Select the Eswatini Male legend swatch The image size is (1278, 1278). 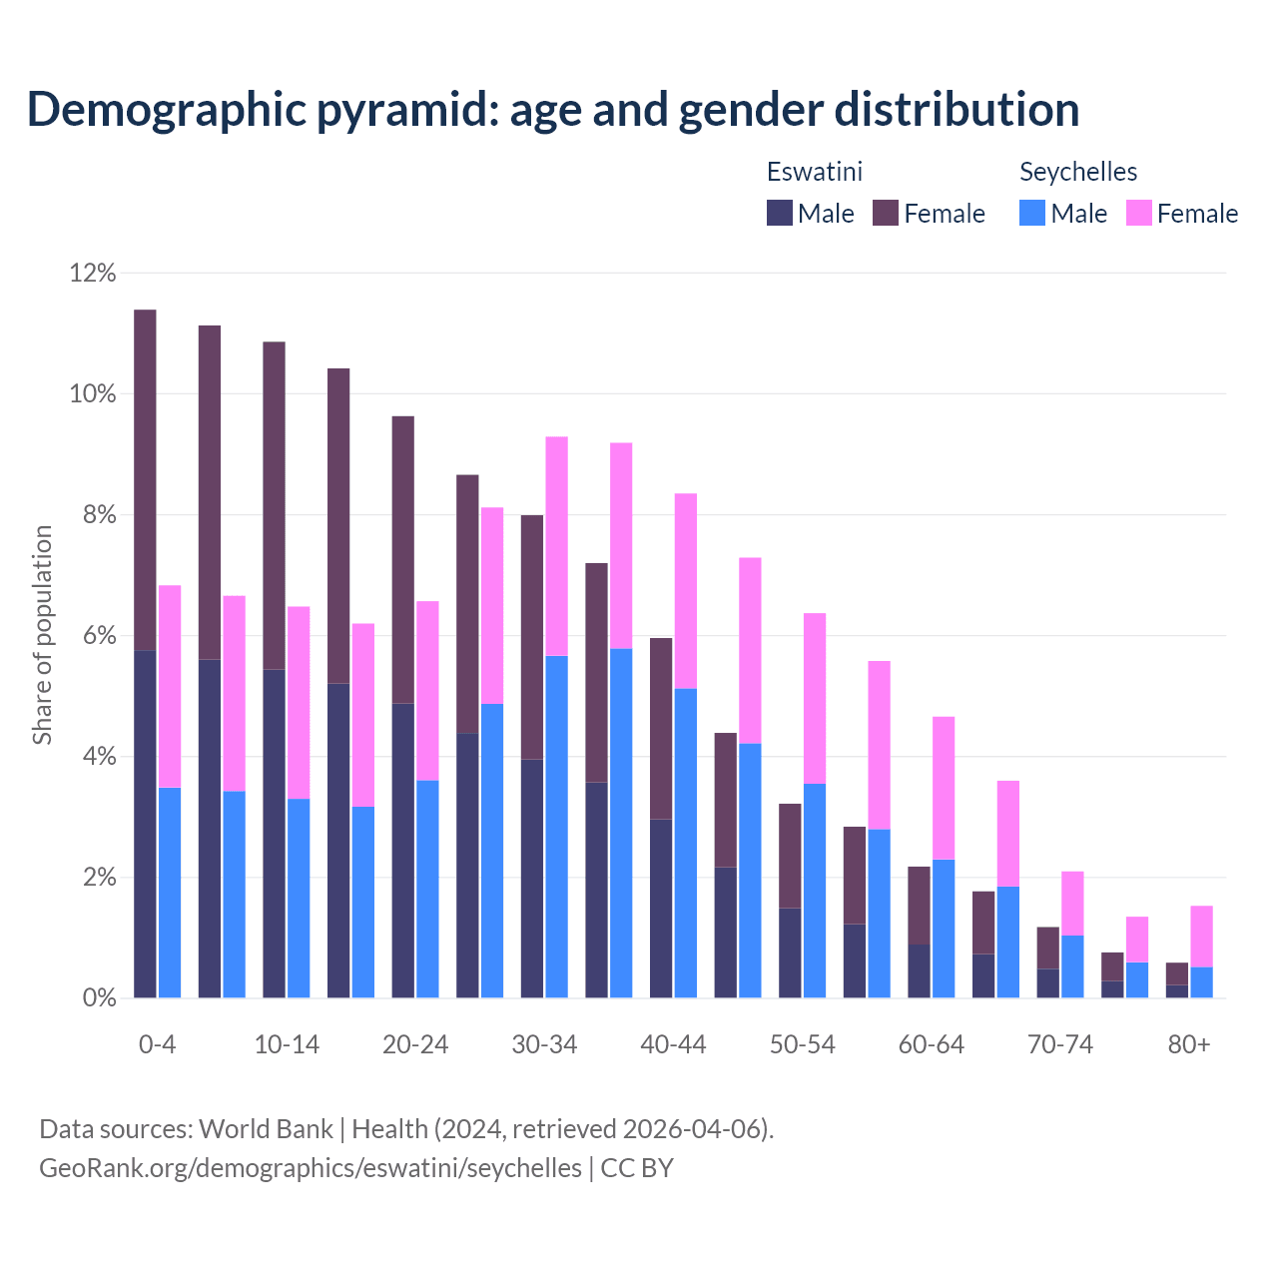point(780,213)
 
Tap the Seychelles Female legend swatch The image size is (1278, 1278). point(1139,213)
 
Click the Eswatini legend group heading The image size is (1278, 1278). point(814,172)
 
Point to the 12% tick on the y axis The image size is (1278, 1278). point(93,273)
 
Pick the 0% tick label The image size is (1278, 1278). point(99,998)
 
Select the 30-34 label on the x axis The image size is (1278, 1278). point(544,1044)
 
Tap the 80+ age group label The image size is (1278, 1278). point(1189,1044)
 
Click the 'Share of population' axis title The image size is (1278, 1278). point(42,635)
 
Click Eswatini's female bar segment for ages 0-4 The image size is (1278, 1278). point(145,479)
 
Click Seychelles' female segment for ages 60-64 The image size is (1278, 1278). point(944,788)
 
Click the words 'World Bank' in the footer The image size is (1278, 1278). point(266,1129)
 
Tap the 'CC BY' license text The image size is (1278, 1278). point(637,1168)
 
